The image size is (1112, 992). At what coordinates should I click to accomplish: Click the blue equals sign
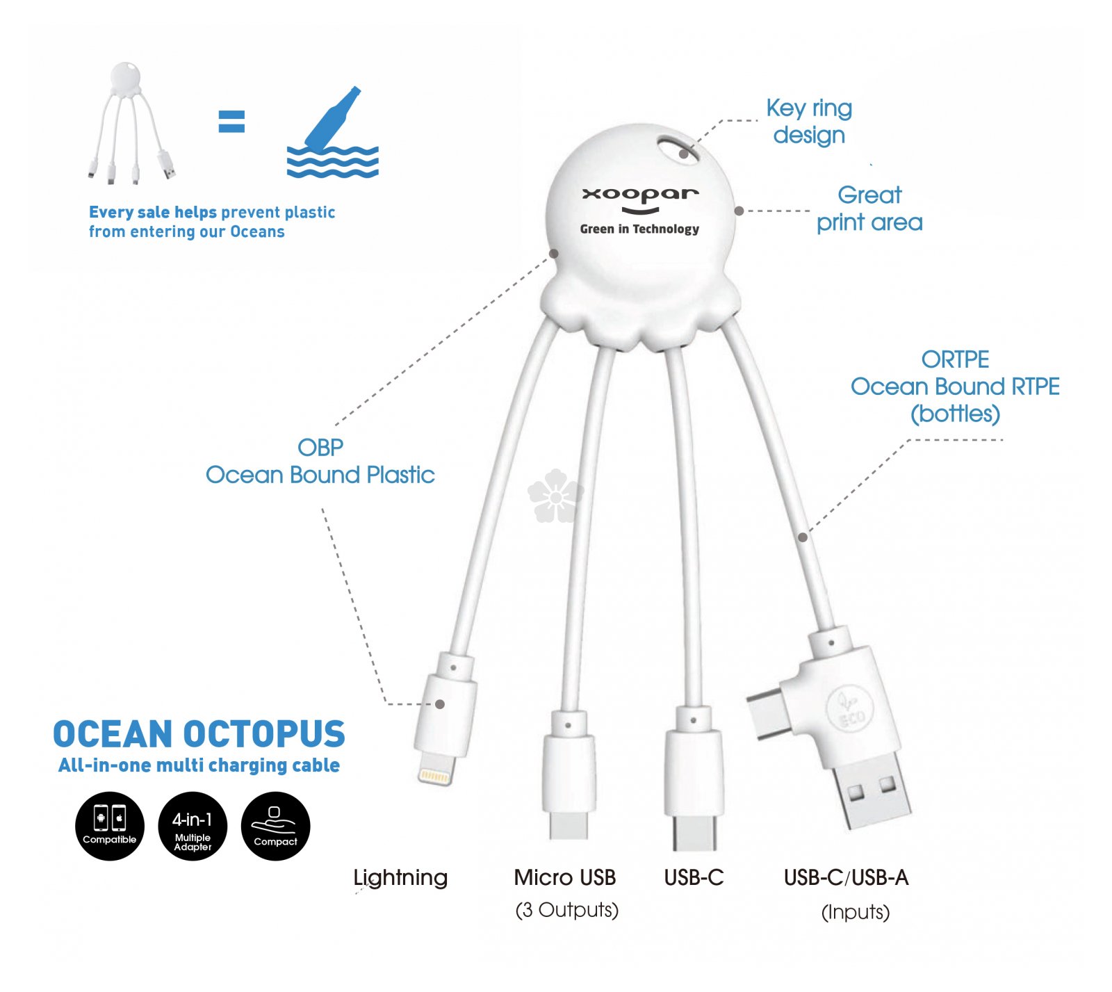231,122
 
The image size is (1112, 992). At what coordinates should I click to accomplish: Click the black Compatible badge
110,826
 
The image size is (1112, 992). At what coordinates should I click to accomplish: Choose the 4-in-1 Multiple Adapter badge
193,826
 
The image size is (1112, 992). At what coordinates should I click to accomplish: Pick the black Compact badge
275,826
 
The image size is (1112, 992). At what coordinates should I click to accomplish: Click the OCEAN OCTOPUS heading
199,734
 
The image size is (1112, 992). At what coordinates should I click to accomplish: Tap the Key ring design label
809,121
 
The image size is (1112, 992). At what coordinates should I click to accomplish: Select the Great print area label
869,209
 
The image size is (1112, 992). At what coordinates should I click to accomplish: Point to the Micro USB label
565,877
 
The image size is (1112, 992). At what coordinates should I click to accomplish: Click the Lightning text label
400,878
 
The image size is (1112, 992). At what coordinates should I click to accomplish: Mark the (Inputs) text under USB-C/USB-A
856,911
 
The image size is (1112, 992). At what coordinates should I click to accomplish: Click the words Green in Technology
640,229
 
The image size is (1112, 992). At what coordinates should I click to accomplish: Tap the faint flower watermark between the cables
555,496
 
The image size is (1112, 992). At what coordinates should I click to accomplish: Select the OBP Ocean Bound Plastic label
320,461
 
